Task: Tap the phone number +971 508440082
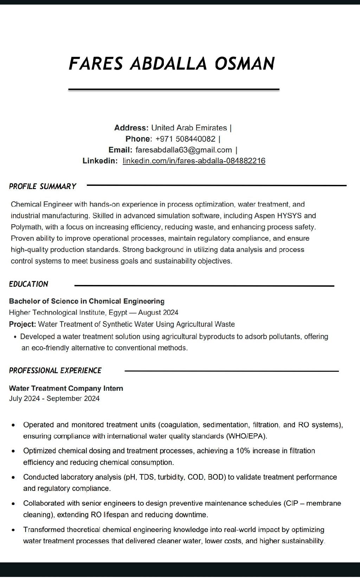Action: tap(185, 139)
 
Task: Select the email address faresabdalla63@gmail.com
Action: tap(184, 150)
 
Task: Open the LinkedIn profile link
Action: tap(194, 161)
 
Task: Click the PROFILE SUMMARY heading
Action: tap(43, 186)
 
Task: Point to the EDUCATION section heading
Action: tap(28, 284)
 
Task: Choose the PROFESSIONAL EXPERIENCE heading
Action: tap(55, 370)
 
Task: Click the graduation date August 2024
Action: tap(158, 312)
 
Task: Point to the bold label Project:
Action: tap(22, 324)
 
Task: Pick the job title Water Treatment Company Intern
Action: tap(66, 388)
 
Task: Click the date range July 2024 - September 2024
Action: tap(54, 398)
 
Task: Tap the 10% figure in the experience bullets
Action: tap(243, 450)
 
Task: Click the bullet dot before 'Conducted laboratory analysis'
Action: tap(13, 478)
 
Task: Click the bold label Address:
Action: tap(131, 128)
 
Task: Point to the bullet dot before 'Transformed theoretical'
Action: tap(13, 530)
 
